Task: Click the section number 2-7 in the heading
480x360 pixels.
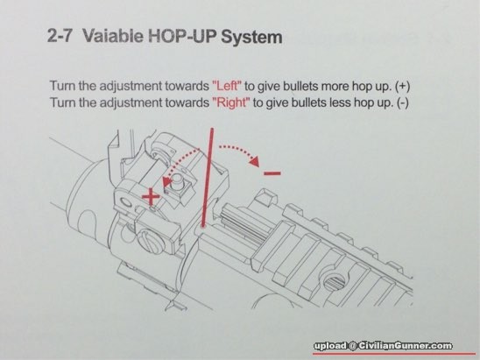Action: pyautogui.click(x=60, y=36)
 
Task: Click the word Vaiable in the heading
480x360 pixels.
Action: pyautogui.click(x=113, y=36)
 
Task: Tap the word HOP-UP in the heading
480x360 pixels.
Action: pyautogui.click(x=182, y=36)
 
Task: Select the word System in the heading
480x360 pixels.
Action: pyautogui.click(x=251, y=37)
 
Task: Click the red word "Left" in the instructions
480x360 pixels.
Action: pyautogui.click(x=227, y=86)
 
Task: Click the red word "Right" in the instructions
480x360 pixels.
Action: pyautogui.click(x=231, y=102)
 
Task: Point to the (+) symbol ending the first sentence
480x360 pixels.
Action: pyautogui.click(x=402, y=87)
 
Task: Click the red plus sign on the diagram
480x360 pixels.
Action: pyautogui.click(x=151, y=197)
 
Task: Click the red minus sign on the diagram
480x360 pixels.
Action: pyautogui.click(x=272, y=173)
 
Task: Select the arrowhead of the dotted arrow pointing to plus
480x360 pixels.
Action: pyautogui.click(x=166, y=182)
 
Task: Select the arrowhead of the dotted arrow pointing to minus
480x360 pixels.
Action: pyautogui.click(x=254, y=161)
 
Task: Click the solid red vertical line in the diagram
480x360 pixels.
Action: pyautogui.click(x=208, y=178)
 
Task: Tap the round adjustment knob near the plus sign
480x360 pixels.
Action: pyautogui.click(x=177, y=182)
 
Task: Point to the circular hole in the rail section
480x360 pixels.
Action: pyautogui.click(x=335, y=281)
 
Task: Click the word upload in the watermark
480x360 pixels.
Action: pyautogui.click(x=330, y=346)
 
